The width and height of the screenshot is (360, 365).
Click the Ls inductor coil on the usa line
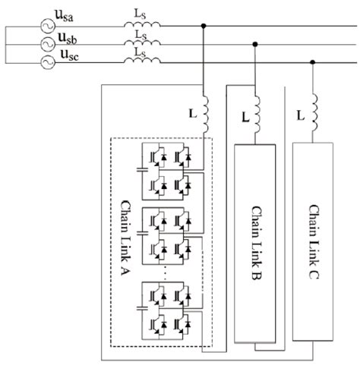(x=143, y=26)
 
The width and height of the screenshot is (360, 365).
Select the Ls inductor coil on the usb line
(x=143, y=44)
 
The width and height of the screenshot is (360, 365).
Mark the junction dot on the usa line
(x=204, y=26)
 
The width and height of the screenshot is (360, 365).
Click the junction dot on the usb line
(x=256, y=44)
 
